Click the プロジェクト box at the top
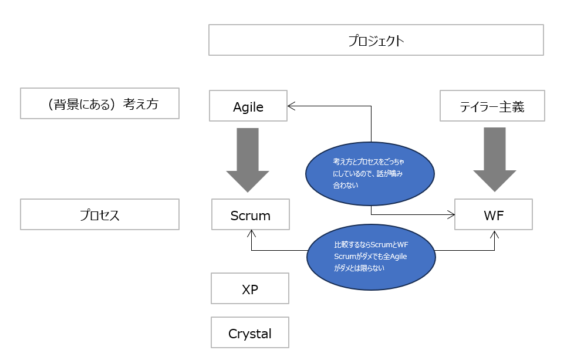376,40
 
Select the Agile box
248,106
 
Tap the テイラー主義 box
492,106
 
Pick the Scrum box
251,214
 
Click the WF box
494,214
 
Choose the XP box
250,288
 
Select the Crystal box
250,332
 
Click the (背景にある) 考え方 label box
100,103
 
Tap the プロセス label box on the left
100,214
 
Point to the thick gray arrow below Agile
248,160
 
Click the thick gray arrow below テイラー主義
495,160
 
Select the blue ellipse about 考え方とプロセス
370,174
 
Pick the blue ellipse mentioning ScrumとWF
371,257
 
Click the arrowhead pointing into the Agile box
291,106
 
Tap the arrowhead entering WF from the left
451,214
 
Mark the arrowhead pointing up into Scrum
251,234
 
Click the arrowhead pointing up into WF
495,234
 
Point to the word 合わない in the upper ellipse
346,186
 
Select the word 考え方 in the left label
141,104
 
